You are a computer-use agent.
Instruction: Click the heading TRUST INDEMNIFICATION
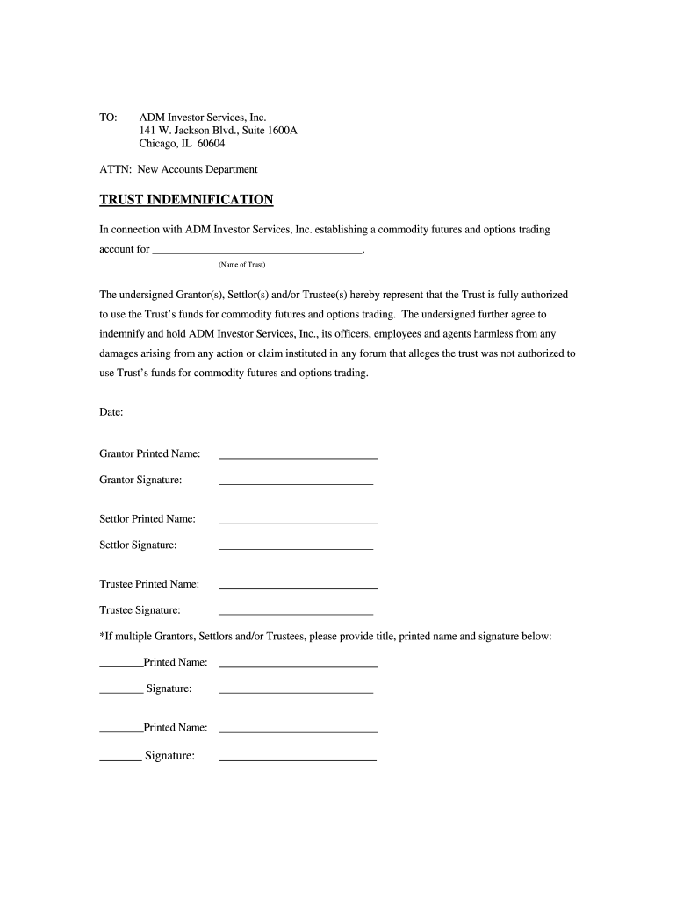186,200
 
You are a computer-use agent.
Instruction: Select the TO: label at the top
108,118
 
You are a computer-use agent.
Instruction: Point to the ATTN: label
115,169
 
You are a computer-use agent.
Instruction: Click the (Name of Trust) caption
241,265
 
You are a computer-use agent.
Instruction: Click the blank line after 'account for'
256,251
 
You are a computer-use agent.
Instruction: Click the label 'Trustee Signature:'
140,610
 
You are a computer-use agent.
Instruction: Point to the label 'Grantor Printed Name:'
150,454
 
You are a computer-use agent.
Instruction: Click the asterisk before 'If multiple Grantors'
102,635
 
